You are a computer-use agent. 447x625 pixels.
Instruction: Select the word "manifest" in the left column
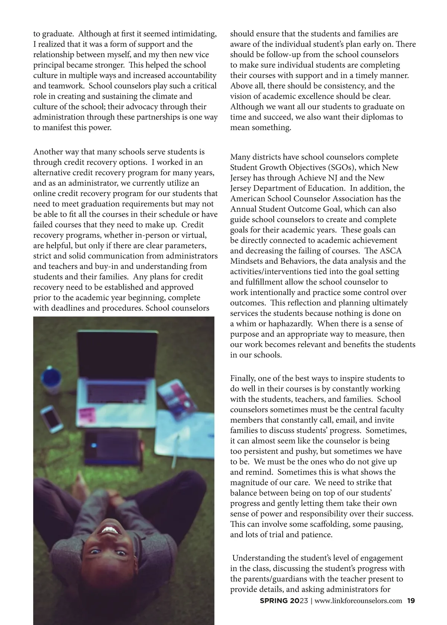tap(58, 128)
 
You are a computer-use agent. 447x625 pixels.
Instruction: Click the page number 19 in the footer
tap(411, 601)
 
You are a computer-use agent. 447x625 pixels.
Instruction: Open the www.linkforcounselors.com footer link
tap(358, 601)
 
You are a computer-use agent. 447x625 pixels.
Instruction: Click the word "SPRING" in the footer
tap(274, 601)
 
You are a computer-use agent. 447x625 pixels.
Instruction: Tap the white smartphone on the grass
tap(51, 419)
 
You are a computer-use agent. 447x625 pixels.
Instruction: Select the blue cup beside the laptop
tap(51, 380)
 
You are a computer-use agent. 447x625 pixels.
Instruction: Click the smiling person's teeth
tap(111, 530)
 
